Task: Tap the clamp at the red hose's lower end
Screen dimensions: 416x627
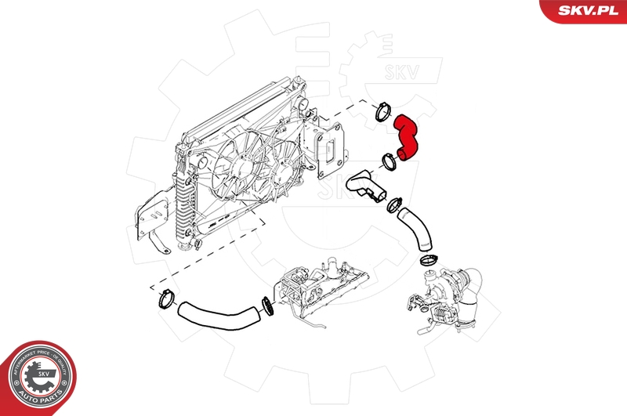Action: pos(388,162)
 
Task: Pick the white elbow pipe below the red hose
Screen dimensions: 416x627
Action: pos(365,185)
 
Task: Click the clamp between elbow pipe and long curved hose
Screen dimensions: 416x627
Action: pos(392,205)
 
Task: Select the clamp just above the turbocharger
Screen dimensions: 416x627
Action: pos(428,259)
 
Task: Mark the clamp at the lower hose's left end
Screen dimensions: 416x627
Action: pos(165,298)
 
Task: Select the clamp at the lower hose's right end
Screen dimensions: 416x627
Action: pos(266,306)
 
